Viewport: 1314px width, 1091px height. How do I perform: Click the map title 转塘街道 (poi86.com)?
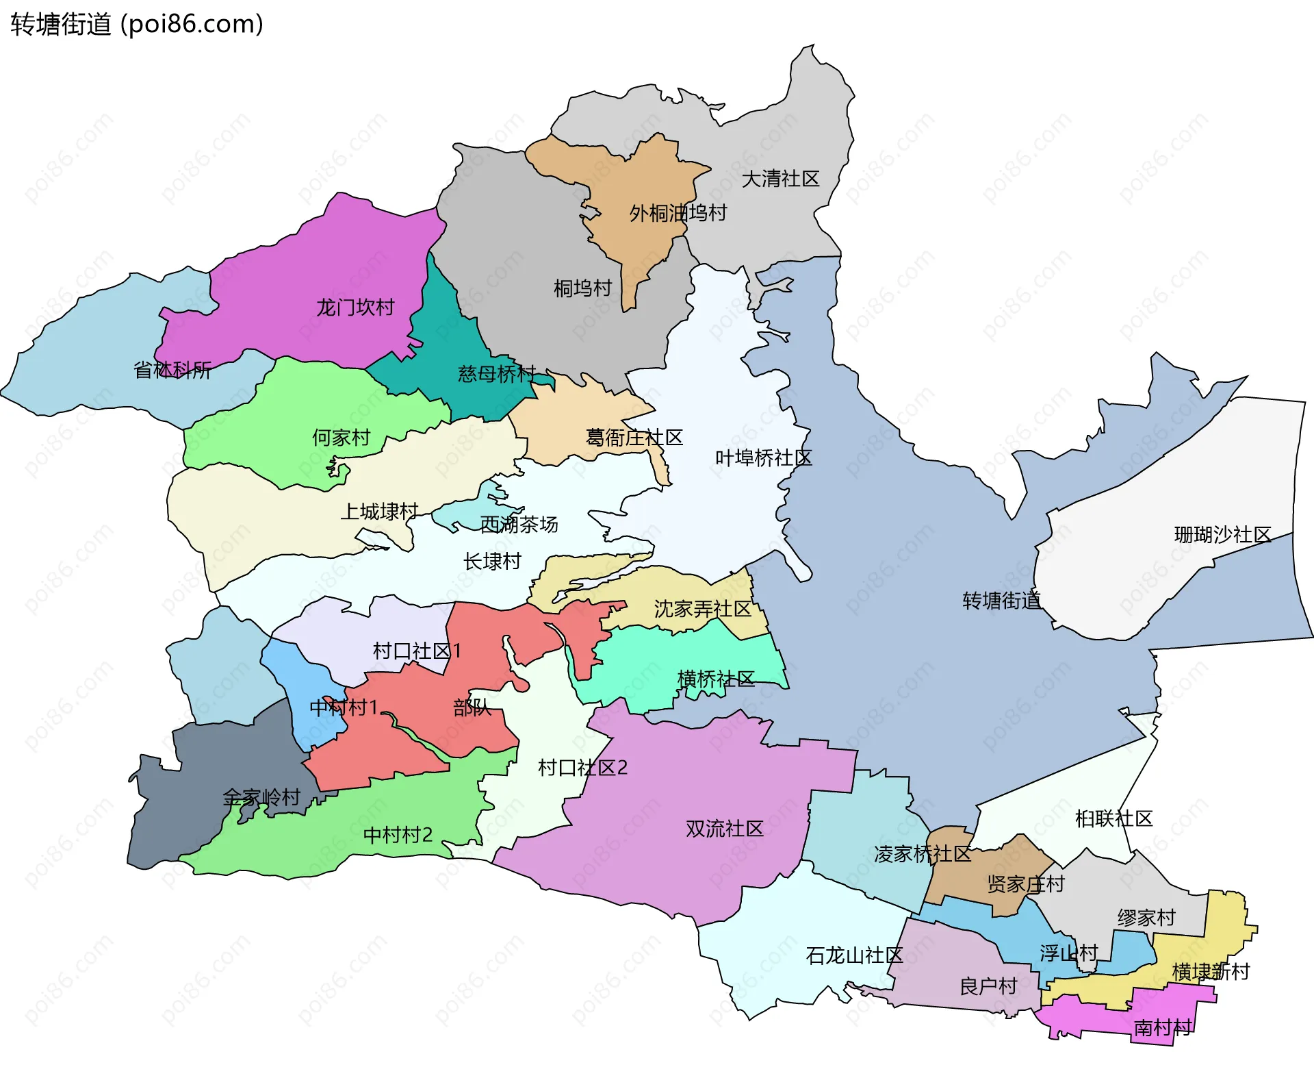coord(137,25)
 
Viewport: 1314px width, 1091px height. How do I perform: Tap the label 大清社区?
coord(780,179)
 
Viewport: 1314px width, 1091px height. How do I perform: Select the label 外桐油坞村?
coord(678,214)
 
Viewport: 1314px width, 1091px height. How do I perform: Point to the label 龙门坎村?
coord(355,308)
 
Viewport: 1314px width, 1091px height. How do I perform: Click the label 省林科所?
coord(172,371)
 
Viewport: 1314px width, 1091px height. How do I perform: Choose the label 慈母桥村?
coord(497,374)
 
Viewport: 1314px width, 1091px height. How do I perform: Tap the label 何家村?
coord(341,438)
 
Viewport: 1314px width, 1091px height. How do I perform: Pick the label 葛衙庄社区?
coord(634,438)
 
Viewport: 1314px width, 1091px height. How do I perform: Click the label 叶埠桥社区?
coord(763,458)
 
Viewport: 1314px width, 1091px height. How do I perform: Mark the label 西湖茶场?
coord(519,525)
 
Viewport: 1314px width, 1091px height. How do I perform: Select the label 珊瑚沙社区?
coord(1222,535)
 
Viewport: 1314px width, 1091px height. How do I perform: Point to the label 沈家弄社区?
coord(702,609)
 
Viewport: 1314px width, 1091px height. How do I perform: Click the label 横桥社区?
coord(715,679)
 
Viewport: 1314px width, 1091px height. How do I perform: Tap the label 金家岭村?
coord(261,797)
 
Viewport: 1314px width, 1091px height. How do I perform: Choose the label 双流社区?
coord(724,829)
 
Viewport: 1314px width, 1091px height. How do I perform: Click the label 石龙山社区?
coord(854,955)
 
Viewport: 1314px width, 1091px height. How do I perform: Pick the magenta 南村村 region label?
coord(1163,1027)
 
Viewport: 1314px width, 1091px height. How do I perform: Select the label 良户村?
coord(988,987)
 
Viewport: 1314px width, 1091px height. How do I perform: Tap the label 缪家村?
coord(1146,918)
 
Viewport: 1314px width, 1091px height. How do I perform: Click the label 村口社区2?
coord(582,768)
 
